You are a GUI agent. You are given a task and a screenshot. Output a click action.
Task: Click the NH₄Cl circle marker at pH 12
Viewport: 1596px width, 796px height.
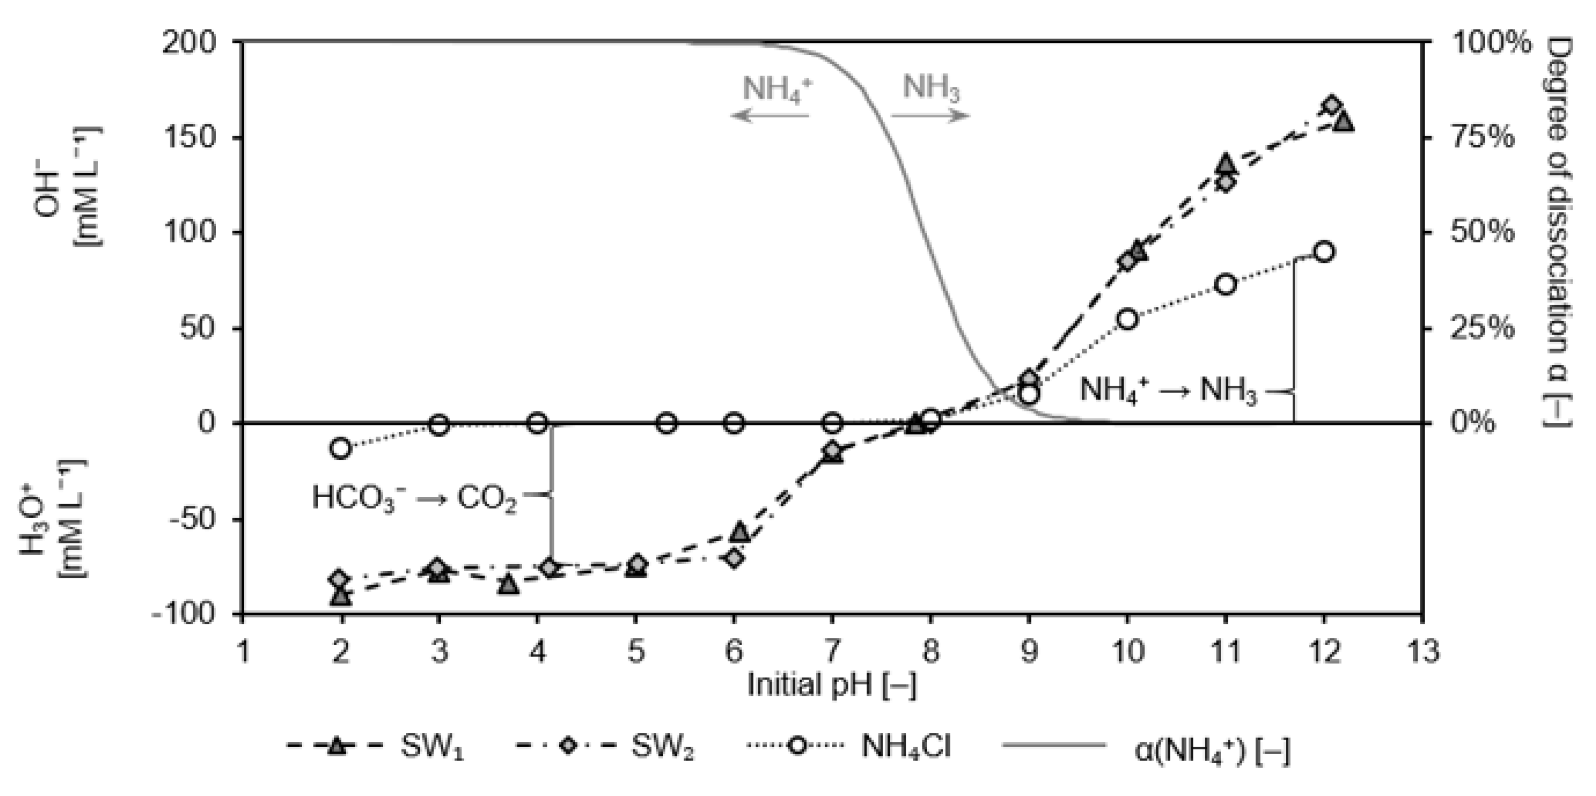pos(1324,252)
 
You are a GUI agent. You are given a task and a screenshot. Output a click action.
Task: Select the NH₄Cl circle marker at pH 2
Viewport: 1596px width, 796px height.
pos(340,448)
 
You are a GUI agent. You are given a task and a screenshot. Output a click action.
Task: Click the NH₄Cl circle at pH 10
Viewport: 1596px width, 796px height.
pos(1128,319)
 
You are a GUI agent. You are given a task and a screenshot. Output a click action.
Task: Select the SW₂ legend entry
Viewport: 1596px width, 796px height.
pos(604,746)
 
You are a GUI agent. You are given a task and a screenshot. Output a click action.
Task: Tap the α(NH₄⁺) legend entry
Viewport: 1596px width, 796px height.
pos(1146,750)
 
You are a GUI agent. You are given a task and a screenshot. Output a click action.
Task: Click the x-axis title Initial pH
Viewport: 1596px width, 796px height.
pos(831,685)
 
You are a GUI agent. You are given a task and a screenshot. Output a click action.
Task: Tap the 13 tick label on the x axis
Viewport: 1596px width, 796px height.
pos(1423,652)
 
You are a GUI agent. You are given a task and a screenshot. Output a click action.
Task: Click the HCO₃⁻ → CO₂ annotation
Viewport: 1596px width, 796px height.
pos(414,497)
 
